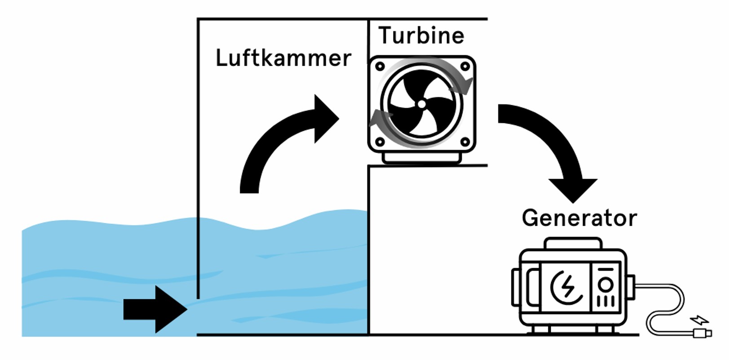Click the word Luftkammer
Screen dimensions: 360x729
click(x=283, y=58)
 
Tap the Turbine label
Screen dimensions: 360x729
click(x=421, y=36)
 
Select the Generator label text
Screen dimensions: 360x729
click(x=579, y=218)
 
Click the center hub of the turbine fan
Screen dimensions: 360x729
click(x=421, y=104)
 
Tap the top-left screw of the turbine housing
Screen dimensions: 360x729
click(x=380, y=67)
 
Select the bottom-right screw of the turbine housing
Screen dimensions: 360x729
click(x=465, y=142)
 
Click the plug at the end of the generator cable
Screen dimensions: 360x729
click(x=702, y=333)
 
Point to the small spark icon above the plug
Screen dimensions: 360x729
click(x=700, y=320)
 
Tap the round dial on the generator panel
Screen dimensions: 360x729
click(x=605, y=284)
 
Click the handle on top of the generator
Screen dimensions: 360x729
click(x=573, y=244)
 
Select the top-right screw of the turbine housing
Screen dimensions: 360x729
click(x=465, y=67)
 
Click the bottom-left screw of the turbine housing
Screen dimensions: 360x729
click(x=380, y=142)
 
